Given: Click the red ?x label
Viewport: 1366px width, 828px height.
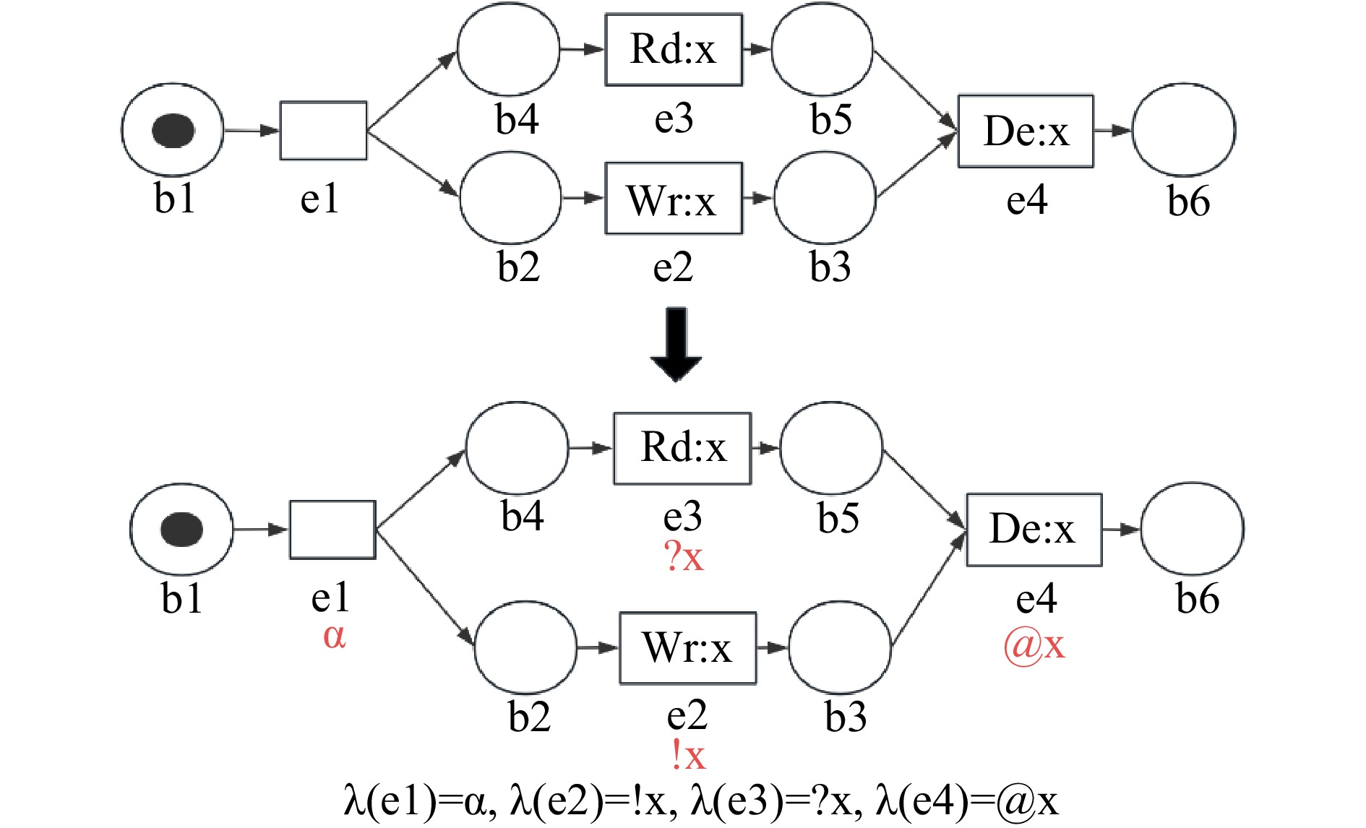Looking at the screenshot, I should click(683, 557).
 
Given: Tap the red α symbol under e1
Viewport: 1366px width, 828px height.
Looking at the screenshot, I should click(334, 636).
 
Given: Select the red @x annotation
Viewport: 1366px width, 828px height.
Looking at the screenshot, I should click(1034, 644).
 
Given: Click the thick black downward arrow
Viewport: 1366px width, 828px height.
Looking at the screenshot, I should click(676, 345).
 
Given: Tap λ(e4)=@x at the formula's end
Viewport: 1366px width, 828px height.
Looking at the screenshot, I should click(966, 801).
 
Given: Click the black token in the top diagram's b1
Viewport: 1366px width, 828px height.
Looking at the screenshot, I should click(173, 131).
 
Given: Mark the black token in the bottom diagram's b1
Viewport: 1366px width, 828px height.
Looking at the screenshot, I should click(182, 529).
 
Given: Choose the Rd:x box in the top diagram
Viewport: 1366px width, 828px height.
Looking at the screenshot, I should click(674, 50).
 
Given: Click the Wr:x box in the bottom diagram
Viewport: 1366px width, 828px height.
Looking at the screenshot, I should click(687, 648).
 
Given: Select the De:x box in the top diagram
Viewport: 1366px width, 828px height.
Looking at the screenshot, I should click(1026, 131).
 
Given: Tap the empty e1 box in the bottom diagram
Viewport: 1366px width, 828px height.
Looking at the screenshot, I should click(332, 530).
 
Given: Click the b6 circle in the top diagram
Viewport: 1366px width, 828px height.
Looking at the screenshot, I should click(1183, 130).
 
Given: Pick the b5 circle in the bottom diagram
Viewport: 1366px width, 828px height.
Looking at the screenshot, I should click(831, 448).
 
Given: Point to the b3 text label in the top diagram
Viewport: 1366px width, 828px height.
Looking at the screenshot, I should click(830, 267).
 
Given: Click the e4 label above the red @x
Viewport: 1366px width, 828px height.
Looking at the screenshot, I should click(1036, 599).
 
